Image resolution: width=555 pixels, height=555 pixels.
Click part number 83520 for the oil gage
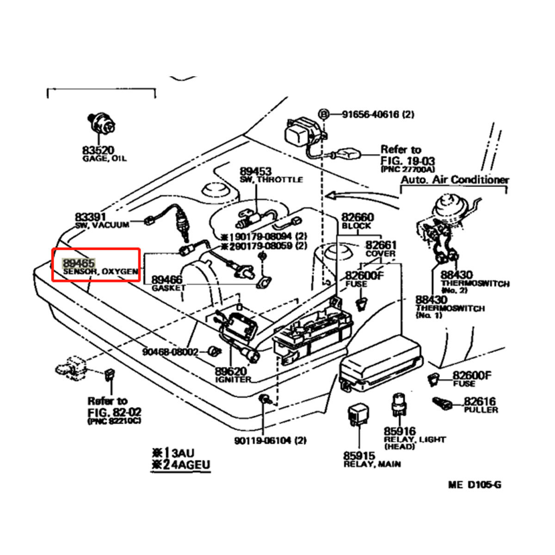[98, 150]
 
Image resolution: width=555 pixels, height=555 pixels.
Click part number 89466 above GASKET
[166, 280]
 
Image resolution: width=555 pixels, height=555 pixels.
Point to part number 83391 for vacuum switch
[91, 217]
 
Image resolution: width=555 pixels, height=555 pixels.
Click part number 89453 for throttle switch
[256, 172]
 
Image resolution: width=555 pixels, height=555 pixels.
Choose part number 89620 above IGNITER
[231, 371]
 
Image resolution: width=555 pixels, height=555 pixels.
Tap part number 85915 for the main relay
[359, 456]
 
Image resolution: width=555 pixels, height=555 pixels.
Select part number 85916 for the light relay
[400, 431]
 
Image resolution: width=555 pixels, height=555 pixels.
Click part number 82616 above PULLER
[480, 401]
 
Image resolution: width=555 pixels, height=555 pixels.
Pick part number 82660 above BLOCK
[358, 217]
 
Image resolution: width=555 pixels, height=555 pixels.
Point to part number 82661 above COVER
[381, 245]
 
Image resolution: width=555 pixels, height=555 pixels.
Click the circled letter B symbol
[324, 114]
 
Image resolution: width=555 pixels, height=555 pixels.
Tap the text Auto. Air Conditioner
[454, 179]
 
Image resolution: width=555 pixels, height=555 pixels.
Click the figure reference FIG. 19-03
[407, 161]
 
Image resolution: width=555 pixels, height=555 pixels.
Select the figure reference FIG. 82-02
[115, 412]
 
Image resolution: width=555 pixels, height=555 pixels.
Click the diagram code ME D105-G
[475, 485]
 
